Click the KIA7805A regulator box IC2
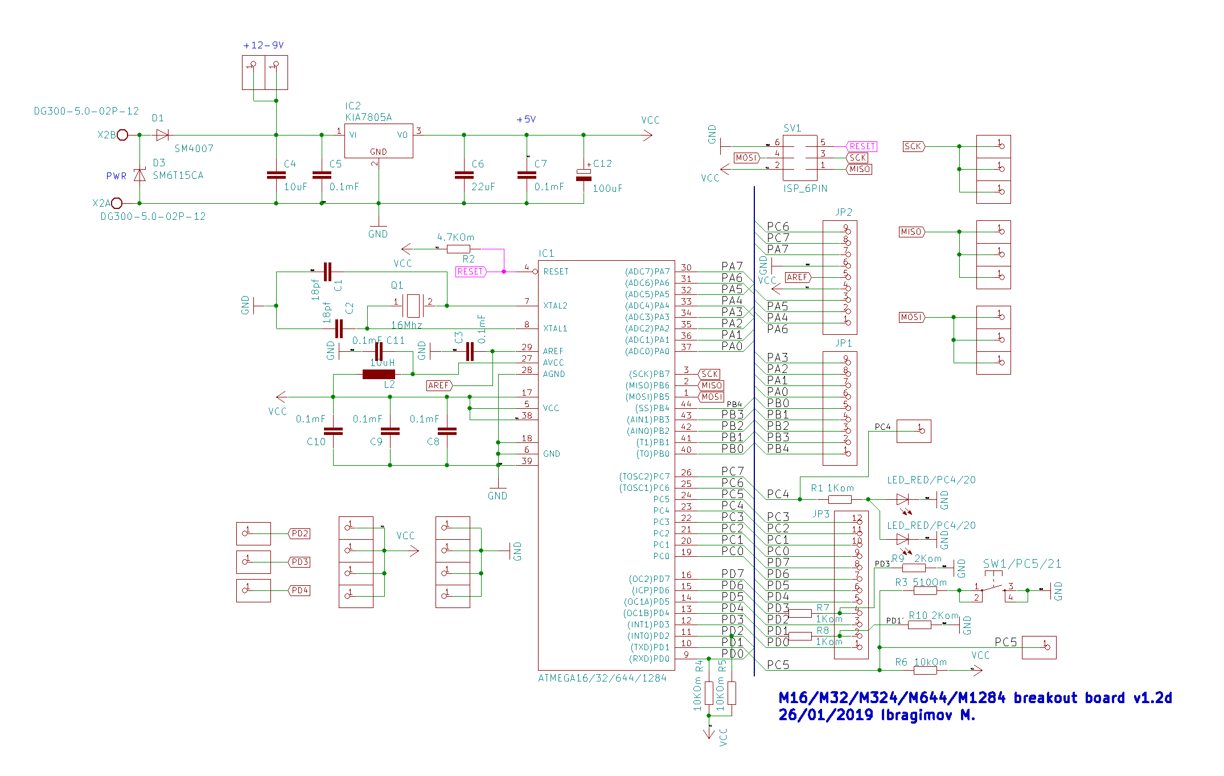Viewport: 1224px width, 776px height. pyautogui.click(x=379, y=141)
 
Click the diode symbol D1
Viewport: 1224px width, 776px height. pyautogui.click(x=162, y=135)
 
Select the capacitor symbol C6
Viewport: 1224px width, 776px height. pyautogui.click(x=464, y=175)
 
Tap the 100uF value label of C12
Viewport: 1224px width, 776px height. pyautogui.click(x=607, y=188)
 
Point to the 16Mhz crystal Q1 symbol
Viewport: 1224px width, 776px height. pyautogui.click(x=413, y=306)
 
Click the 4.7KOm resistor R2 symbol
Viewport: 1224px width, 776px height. pyautogui.click(x=458, y=249)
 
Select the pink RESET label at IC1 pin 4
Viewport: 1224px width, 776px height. pyautogui.click(x=471, y=272)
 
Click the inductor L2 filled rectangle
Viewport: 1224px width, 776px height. pyautogui.click(x=379, y=374)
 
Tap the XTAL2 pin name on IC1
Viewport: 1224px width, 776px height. pyautogui.click(x=555, y=306)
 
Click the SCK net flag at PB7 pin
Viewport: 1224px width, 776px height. pyautogui.click(x=709, y=374)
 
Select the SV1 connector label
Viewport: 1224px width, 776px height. pyautogui.click(x=792, y=128)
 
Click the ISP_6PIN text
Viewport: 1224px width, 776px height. pyautogui.click(x=806, y=188)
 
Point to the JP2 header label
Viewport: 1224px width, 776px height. pyautogui.click(x=844, y=212)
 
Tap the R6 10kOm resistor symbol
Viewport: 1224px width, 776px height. pyautogui.click(x=925, y=670)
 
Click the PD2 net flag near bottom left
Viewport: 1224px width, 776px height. pyautogui.click(x=299, y=533)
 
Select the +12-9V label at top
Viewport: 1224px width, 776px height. pyautogui.click(x=263, y=46)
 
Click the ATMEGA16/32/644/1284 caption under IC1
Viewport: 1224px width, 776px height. pyautogui.click(x=602, y=678)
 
